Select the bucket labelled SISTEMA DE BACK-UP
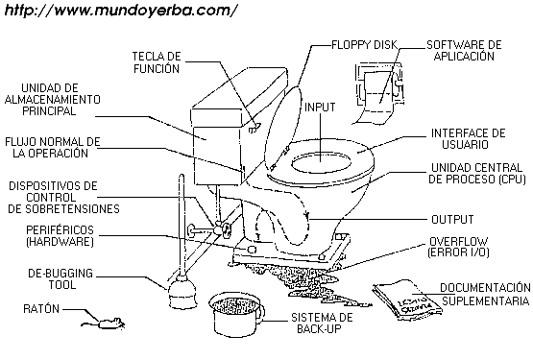click(236, 314)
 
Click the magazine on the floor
click(407, 300)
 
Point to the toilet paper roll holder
click(379, 92)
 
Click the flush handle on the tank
click(254, 128)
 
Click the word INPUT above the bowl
click(320, 108)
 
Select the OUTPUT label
click(452, 220)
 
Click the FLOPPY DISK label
click(364, 44)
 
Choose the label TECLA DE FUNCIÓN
click(157, 62)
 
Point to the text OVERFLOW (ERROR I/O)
click(458, 247)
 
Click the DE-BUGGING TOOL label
click(61, 278)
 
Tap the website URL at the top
click(120, 11)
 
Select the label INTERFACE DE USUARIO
click(468, 138)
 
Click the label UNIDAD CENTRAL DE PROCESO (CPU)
click(477, 174)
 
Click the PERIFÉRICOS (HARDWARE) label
click(60, 236)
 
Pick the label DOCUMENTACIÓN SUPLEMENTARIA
click(485, 294)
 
